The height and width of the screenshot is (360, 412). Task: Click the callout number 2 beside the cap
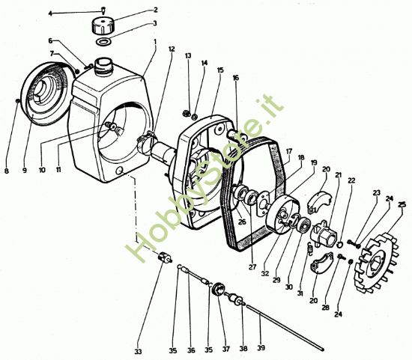[x=155, y=10]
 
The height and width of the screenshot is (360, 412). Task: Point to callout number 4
[x=71, y=13]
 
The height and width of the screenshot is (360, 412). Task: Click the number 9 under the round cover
[x=24, y=171]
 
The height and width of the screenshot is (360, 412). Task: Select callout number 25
[x=402, y=205]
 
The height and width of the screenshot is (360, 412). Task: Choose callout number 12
[x=172, y=49]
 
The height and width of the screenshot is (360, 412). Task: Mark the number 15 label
[x=220, y=70]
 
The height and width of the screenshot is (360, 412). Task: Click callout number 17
[x=288, y=151]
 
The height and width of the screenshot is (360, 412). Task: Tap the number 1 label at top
[x=154, y=42]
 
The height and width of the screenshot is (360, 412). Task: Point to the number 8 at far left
[x=6, y=171]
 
